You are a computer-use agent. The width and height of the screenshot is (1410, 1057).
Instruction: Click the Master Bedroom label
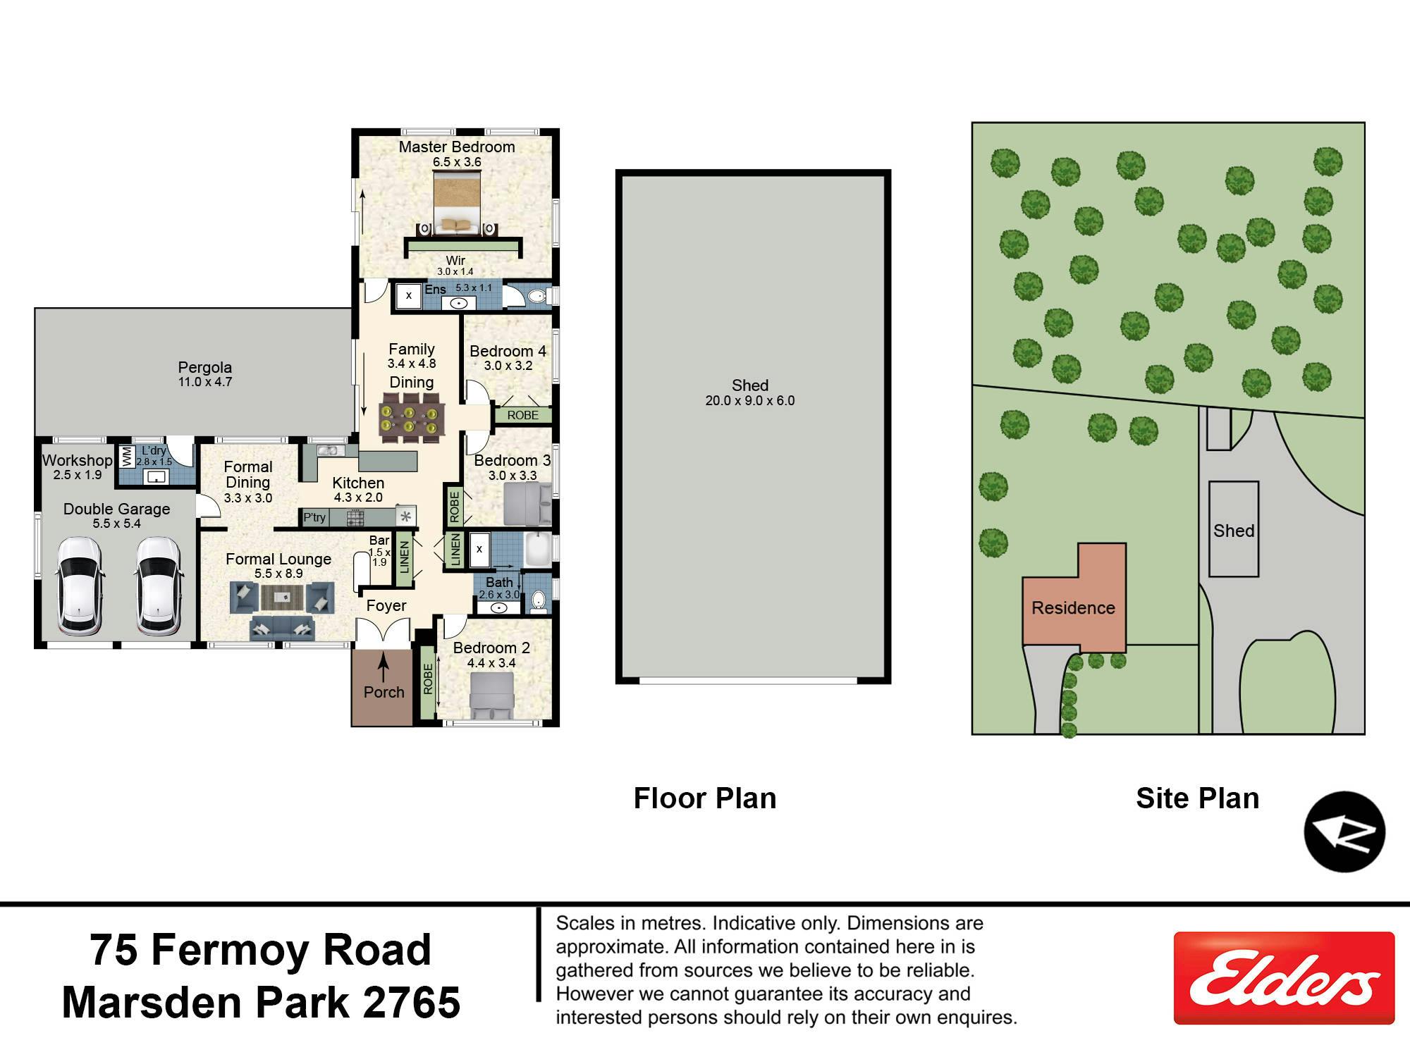click(457, 147)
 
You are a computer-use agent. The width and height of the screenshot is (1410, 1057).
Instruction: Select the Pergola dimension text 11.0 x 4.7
click(205, 382)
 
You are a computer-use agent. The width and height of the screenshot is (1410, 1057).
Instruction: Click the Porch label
click(384, 692)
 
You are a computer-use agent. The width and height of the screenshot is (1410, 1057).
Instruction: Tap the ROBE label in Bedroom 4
click(522, 415)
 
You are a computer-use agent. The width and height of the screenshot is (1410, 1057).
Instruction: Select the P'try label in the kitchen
click(314, 517)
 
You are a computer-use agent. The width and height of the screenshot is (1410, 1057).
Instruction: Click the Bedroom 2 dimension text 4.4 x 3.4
click(491, 663)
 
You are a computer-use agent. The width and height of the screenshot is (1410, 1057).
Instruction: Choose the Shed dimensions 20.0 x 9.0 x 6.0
click(750, 400)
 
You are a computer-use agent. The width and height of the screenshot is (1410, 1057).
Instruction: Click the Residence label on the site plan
click(1073, 607)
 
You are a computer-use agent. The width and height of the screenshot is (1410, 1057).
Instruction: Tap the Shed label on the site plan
click(1234, 531)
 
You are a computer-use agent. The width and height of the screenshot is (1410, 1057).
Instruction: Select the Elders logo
click(1284, 978)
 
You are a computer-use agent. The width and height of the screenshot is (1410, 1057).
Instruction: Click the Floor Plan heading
click(705, 798)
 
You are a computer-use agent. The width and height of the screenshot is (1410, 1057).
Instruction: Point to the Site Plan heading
click(1197, 798)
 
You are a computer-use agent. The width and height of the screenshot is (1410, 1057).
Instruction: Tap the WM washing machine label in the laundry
click(127, 457)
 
